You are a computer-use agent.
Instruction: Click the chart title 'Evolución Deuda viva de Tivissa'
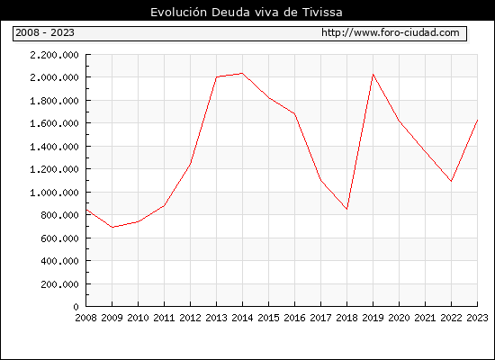247,13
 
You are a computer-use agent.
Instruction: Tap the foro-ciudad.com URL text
391,32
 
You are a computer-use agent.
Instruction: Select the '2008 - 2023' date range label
45,32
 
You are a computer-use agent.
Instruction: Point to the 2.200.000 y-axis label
54,55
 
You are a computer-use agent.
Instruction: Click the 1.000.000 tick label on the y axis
54,193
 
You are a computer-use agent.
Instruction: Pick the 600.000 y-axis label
59,238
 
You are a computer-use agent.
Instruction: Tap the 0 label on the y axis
76,307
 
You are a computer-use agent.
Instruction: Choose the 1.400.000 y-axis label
54,147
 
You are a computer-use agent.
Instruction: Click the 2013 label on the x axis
216,318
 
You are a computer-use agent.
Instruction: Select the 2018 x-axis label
346,318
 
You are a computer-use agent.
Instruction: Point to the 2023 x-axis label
477,318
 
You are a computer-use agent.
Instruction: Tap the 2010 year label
138,318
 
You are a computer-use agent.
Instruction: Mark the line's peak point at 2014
242,73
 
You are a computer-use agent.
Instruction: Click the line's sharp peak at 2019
373,74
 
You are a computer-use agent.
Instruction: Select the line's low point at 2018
346,209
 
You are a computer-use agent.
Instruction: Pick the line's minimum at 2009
112,227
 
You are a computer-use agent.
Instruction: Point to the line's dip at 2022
451,181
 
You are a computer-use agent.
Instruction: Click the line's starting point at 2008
86,210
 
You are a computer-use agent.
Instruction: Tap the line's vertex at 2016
294,113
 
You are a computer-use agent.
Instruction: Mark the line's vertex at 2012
190,164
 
